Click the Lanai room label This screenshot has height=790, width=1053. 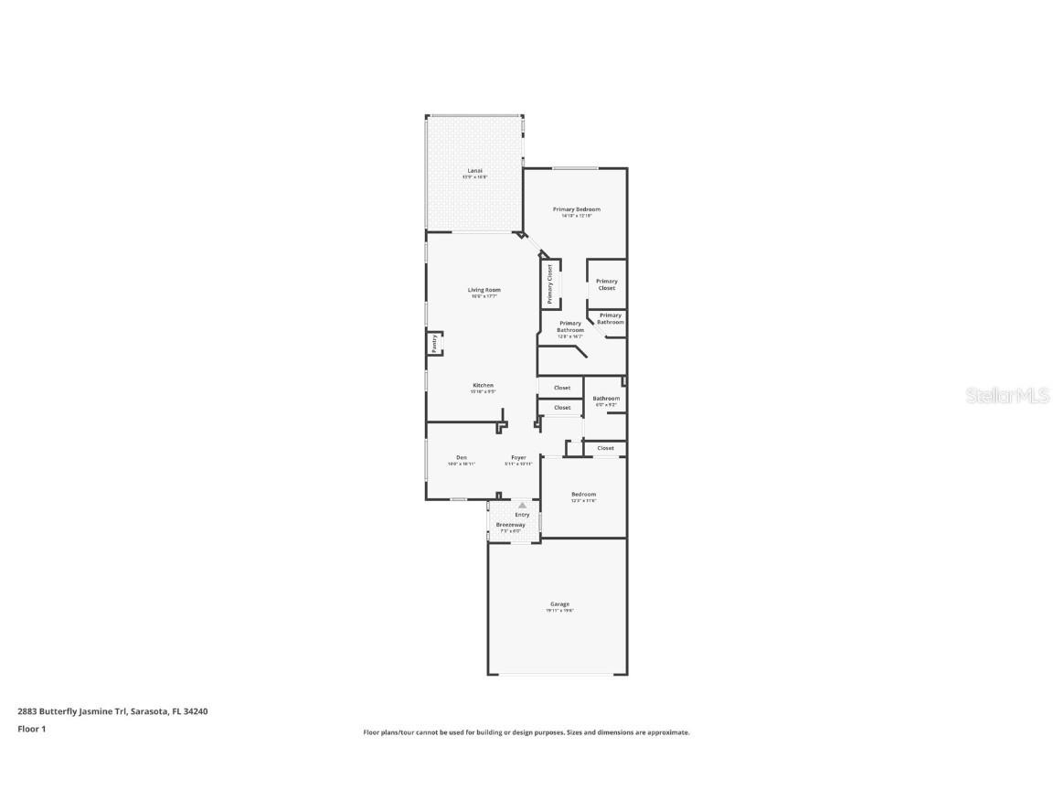[x=474, y=170]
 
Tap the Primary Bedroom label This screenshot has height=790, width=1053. [x=577, y=209]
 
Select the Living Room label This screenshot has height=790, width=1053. [x=485, y=290]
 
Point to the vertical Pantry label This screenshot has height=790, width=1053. [x=434, y=343]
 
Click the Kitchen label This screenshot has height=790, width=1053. [x=484, y=385]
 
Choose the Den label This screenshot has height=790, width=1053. [x=462, y=457]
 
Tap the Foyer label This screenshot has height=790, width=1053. [x=518, y=457]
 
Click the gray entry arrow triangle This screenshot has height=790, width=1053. [x=523, y=505]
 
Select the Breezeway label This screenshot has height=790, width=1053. [x=510, y=525]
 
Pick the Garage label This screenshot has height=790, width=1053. [x=560, y=603]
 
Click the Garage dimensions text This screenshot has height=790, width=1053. [x=560, y=611]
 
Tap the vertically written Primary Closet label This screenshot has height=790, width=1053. [x=550, y=284]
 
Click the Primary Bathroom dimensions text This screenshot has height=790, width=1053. [x=569, y=336]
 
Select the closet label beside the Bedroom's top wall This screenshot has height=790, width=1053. [x=606, y=448]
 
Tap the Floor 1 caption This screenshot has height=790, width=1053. [x=31, y=729]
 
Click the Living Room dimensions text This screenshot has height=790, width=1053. [x=485, y=296]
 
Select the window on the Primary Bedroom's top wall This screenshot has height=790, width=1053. [x=575, y=168]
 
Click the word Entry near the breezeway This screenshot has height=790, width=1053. [x=522, y=515]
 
